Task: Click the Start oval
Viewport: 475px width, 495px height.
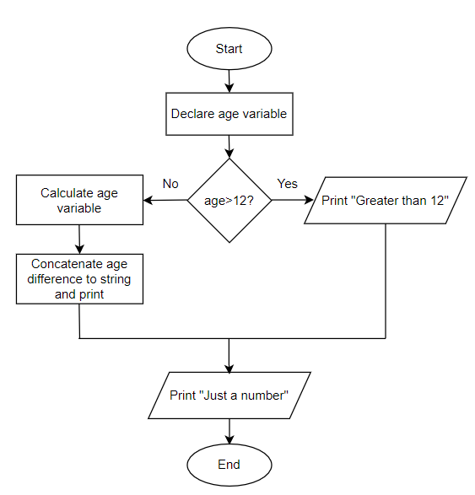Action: click(229, 49)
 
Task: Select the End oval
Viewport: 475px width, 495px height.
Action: click(229, 465)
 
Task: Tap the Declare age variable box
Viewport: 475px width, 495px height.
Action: click(229, 114)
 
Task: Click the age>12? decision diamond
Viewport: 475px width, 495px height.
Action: click(229, 200)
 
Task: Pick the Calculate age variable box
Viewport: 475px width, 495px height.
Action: click(79, 200)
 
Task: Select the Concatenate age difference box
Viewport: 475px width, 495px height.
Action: click(79, 279)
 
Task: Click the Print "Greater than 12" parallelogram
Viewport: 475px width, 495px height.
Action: click(385, 201)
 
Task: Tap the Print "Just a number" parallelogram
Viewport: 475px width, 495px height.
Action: click(229, 395)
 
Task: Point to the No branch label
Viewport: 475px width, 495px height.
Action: click(170, 183)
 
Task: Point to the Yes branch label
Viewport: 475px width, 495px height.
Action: click(287, 183)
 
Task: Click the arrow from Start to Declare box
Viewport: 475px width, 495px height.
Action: click(229, 79)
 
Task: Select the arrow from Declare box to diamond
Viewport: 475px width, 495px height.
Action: click(229, 146)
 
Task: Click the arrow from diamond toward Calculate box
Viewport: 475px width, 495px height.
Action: click(165, 201)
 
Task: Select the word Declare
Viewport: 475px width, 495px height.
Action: click(192, 114)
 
